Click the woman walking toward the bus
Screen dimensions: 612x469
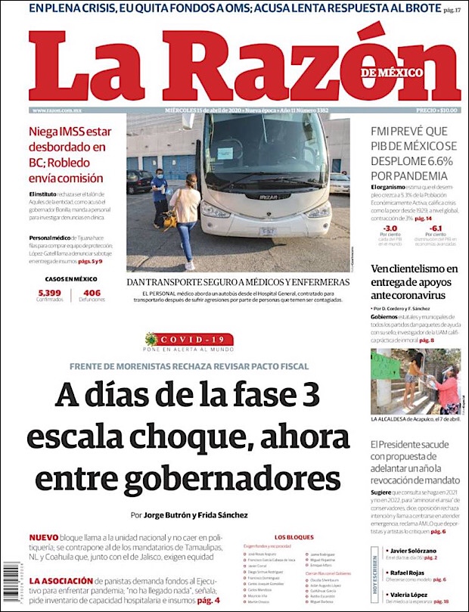pos(185,219)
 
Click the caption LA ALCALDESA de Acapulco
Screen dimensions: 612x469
pos(415,418)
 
